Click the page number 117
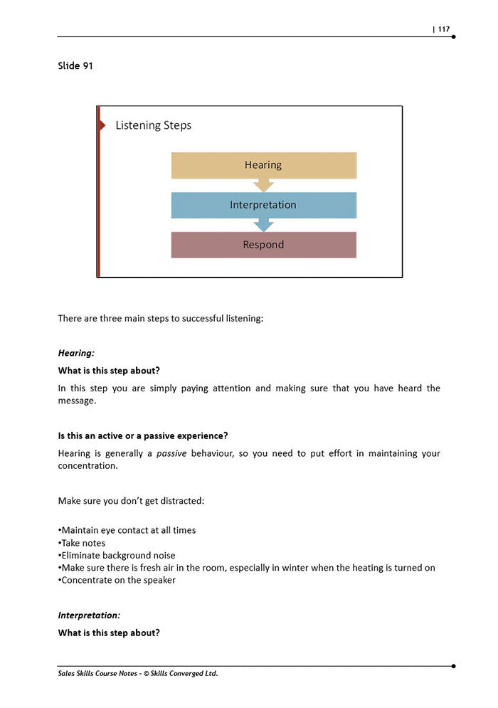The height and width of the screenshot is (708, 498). tap(443, 29)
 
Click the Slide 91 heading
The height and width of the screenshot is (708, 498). tap(75, 66)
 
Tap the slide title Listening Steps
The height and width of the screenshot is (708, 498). tap(153, 125)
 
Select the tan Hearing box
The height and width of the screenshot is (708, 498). tap(263, 165)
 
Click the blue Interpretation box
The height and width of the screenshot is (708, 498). tap(263, 205)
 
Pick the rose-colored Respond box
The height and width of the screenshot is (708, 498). tap(263, 245)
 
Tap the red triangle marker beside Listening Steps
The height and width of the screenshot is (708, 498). tap(102, 125)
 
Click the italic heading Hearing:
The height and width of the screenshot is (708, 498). tap(76, 353)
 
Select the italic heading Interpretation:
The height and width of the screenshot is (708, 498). tap(89, 615)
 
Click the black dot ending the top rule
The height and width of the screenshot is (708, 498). tap(453, 36)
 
